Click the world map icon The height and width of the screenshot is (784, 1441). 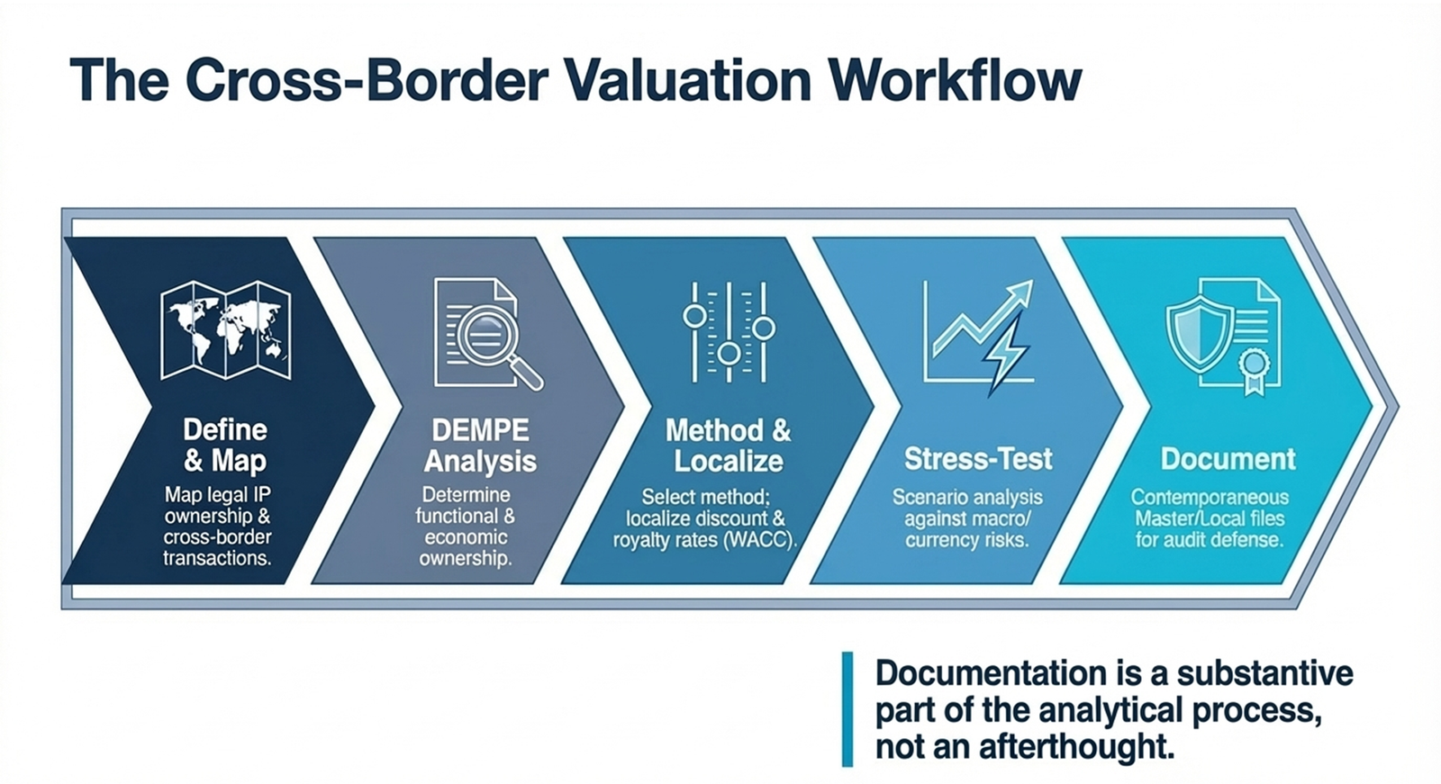coord(225,329)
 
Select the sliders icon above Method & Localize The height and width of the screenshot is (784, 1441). coord(729,332)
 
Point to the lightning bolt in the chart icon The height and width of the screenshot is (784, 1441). coord(1004,354)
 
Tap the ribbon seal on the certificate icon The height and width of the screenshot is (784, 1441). coord(1254,369)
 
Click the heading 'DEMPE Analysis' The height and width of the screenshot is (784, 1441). coord(480,446)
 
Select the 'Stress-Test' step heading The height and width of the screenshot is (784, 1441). coord(978,459)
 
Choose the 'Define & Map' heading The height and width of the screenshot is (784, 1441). coord(225,445)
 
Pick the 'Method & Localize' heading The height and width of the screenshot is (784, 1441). coord(729,446)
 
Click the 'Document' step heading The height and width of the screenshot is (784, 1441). coord(1228,459)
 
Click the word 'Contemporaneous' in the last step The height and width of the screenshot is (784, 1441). coord(1210,497)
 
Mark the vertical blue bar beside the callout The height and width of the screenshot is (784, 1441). coord(847,709)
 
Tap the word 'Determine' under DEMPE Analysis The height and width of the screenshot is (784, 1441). coord(467,495)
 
